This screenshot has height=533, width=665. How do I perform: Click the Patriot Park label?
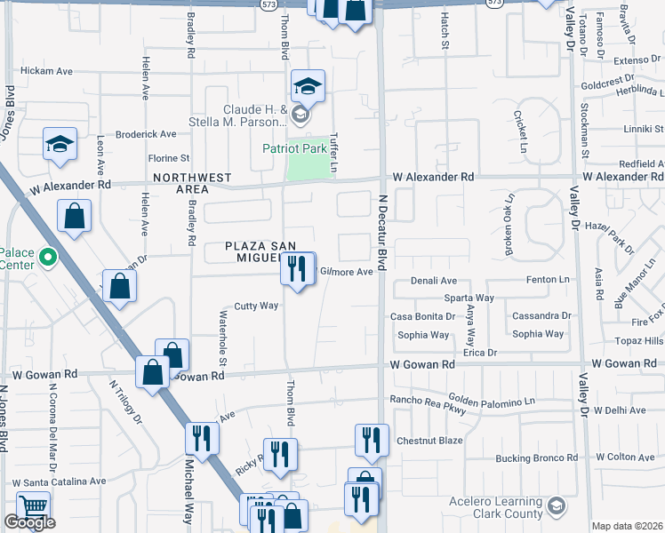click(294, 149)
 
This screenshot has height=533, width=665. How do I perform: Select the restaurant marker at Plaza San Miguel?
click(298, 268)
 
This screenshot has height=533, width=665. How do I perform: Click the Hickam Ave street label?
click(46, 70)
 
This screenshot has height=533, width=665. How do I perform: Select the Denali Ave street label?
click(433, 280)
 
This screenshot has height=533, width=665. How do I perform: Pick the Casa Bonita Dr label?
click(423, 316)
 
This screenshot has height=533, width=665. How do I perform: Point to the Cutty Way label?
click(257, 306)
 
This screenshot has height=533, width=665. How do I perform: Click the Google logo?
click(29, 522)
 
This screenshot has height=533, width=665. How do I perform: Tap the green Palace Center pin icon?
click(49, 259)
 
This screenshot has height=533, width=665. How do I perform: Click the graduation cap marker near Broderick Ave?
click(60, 145)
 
